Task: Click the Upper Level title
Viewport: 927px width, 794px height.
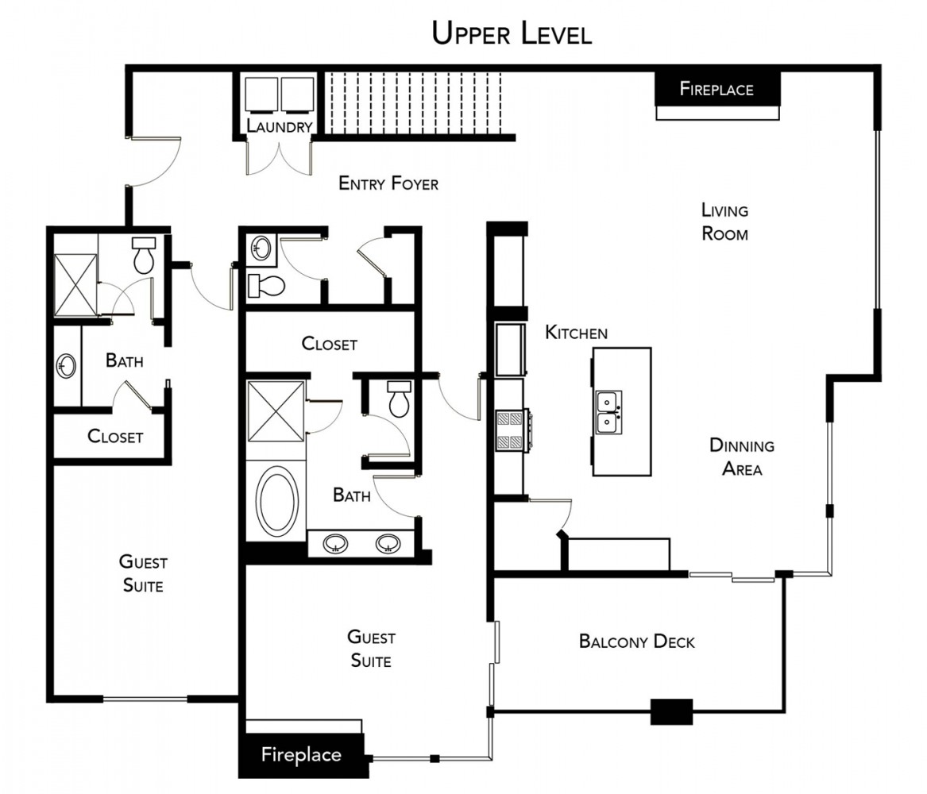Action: pyautogui.click(x=512, y=33)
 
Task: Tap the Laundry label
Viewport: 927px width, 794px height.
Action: pyautogui.click(x=279, y=125)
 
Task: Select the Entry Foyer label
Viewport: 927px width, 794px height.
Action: pyautogui.click(x=388, y=183)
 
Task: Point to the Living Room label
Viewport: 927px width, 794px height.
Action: pyautogui.click(x=724, y=222)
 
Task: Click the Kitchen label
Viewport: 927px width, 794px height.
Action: pyautogui.click(x=577, y=333)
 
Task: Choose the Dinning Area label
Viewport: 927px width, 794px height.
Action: pyautogui.click(x=742, y=457)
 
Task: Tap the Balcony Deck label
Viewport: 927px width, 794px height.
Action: pyautogui.click(x=637, y=642)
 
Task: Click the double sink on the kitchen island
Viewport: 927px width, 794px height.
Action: pyautogui.click(x=608, y=412)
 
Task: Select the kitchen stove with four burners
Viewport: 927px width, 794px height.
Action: pyautogui.click(x=512, y=430)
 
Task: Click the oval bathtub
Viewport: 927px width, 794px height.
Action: pyautogui.click(x=276, y=499)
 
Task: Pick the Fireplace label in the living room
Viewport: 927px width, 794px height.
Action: pyautogui.click(x=716, y=89)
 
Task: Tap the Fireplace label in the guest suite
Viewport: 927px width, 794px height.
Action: pyautogui.click(x=301, y=754)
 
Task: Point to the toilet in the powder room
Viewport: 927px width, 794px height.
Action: pyautogui.click(x=266, y=286)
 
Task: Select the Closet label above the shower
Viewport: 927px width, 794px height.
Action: pyautogui.click(x=330, y=344)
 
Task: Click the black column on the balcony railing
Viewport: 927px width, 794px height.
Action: pyautogui.click(x=671, y=711)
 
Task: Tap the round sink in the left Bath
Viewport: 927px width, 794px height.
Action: pyautogui.click(x=66, y=366)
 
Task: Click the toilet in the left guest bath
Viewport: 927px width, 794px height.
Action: pyautogui.click(x=143, y=256)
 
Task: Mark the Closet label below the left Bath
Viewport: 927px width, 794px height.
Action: pyautogui.click(x=115, y=436)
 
